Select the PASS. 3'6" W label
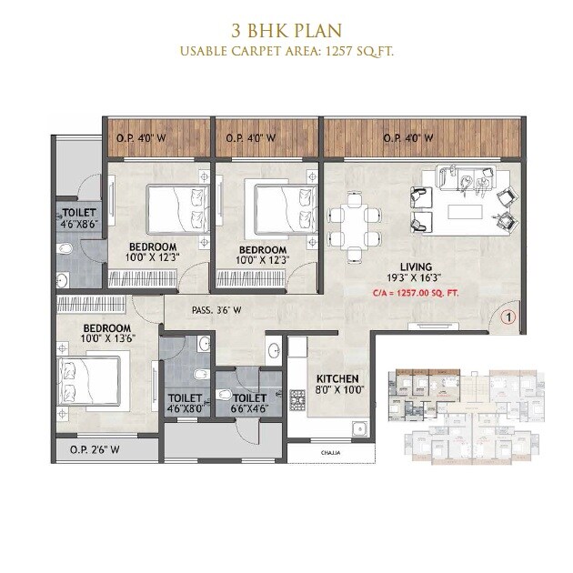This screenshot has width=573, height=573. coord(216,310)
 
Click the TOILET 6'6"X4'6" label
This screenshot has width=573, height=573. coord(248,403)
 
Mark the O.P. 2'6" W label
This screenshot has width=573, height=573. coord(95,448)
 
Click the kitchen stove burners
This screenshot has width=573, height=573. coord(297,397)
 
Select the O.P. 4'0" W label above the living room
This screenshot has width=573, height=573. coord(407,139)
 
